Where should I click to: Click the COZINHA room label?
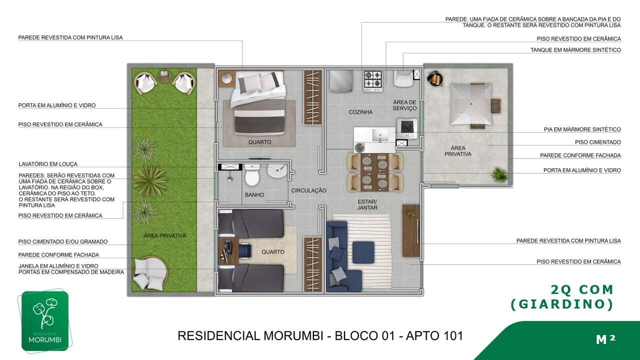coord(360,112)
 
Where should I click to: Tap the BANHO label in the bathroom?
coord(254,195)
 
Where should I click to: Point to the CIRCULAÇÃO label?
coord(308,190)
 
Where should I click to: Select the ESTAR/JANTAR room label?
coord(367,204)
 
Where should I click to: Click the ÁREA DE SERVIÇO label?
coord(404,105)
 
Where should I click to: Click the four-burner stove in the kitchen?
coord(373,81)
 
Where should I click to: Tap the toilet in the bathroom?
coord(252,174)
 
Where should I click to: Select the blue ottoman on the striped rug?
coord(363,252)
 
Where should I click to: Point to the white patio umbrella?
coord(471,104)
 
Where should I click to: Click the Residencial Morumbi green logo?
coord(45,321)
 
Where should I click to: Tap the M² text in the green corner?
coord(605,339)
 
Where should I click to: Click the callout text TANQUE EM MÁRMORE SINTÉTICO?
coord(575,50)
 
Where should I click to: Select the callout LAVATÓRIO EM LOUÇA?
coord(48,164)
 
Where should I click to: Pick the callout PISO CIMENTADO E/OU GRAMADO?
coord(63,241)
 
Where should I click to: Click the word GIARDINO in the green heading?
coord(561,304)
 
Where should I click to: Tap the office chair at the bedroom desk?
coord(245,250)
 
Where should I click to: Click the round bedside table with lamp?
coord(227,78)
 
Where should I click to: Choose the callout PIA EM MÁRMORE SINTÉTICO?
coord(582,129)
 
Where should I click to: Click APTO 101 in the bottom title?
coord(434,336)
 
